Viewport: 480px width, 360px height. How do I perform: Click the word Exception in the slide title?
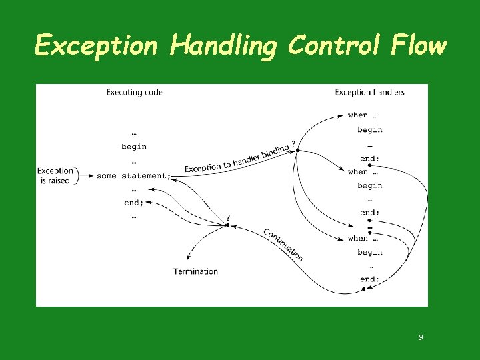(x=96, y=46)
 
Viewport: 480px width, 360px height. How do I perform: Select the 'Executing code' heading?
(x=134, y=92)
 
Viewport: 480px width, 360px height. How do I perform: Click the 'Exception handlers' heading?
(x=369, y=92)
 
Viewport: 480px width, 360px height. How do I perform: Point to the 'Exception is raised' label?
(x=54, y=176)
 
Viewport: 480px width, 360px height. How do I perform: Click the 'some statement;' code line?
(x=133, y=176)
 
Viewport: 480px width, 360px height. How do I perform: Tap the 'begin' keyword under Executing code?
(x=134, y=147)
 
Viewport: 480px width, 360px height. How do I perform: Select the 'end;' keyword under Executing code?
(x=133, y=203)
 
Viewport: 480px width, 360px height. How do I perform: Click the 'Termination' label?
(x=196, y=271)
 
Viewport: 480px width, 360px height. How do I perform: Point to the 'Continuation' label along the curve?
(x=283, y=245)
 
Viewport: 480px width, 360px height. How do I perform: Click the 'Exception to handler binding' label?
(x=237, y=159)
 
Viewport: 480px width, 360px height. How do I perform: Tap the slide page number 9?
(x=421, y=337)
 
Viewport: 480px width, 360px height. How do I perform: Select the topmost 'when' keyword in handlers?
(x=358, y=115)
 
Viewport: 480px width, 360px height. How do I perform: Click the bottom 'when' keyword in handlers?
(x=358, y=239)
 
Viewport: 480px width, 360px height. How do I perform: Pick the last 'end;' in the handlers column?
(x=369, y=279)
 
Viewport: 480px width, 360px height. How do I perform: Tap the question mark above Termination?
(x=228, y=217)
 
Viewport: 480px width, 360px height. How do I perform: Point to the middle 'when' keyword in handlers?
(x=358, y=172)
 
